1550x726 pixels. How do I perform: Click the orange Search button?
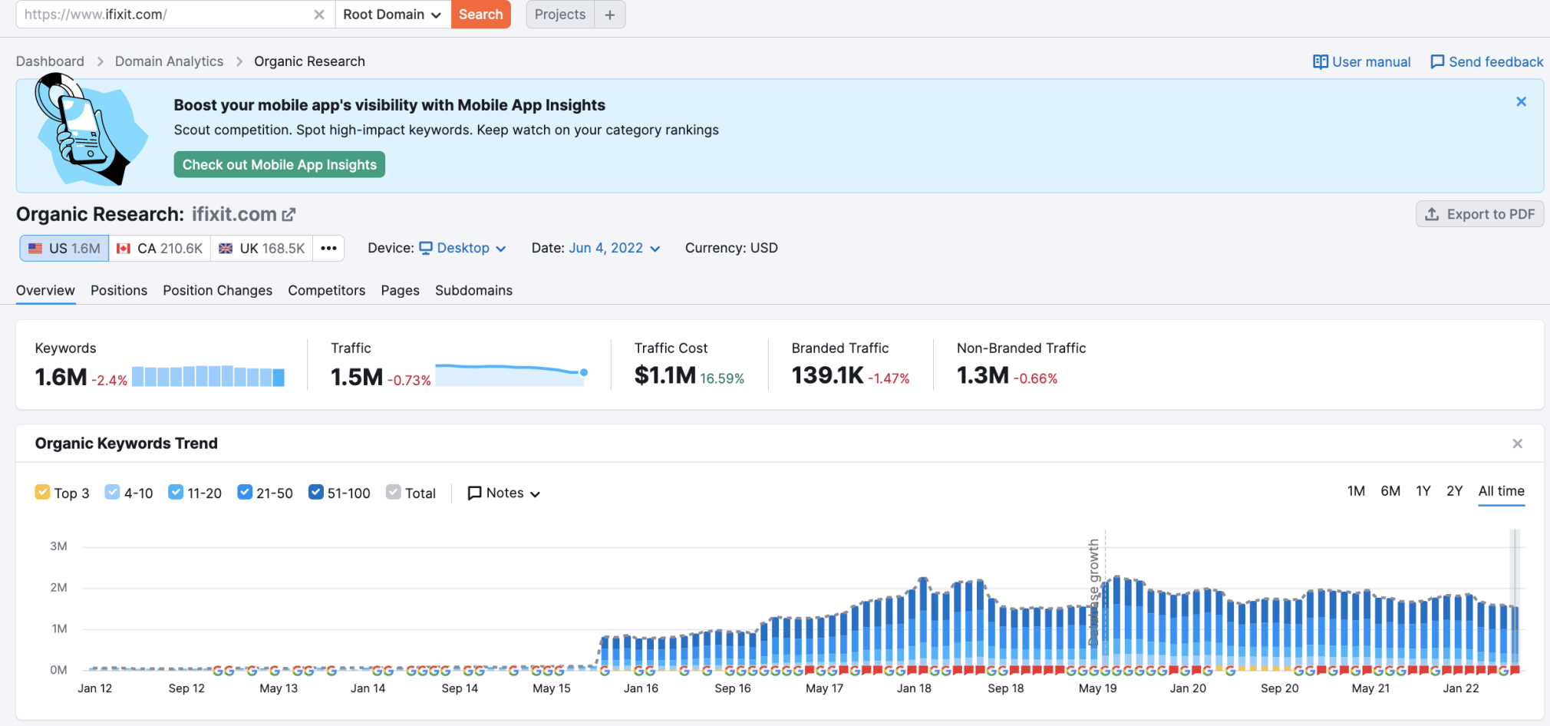coord(480,15)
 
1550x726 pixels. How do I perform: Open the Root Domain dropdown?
coord(392,15)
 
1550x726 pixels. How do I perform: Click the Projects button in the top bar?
coord(560,15)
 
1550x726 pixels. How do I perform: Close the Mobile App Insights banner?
coord(1522,101)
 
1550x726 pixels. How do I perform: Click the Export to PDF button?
coord(1479,214)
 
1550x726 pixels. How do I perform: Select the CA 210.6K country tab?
coord(160,249)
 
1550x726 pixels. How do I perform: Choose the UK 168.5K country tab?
coord(262,249)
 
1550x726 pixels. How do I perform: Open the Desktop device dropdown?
coord(463,248)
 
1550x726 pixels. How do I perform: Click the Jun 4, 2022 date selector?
coord(614,248)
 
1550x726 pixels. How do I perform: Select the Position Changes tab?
coord(217,290)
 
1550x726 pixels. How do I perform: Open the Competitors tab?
coord(326,290)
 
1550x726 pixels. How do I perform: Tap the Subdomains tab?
coord(473,290)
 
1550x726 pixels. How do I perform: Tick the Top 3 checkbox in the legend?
coord(42,492)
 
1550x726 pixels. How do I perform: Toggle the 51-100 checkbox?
coord(315,492)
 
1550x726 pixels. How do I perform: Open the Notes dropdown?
coord(504,493)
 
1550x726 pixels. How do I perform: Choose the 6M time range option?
coord(1390,491)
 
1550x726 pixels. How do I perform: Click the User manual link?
coord(1362,62)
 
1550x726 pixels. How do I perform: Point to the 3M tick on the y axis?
coord(58,546)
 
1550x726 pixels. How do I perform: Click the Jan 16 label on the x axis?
coord(641,688)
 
